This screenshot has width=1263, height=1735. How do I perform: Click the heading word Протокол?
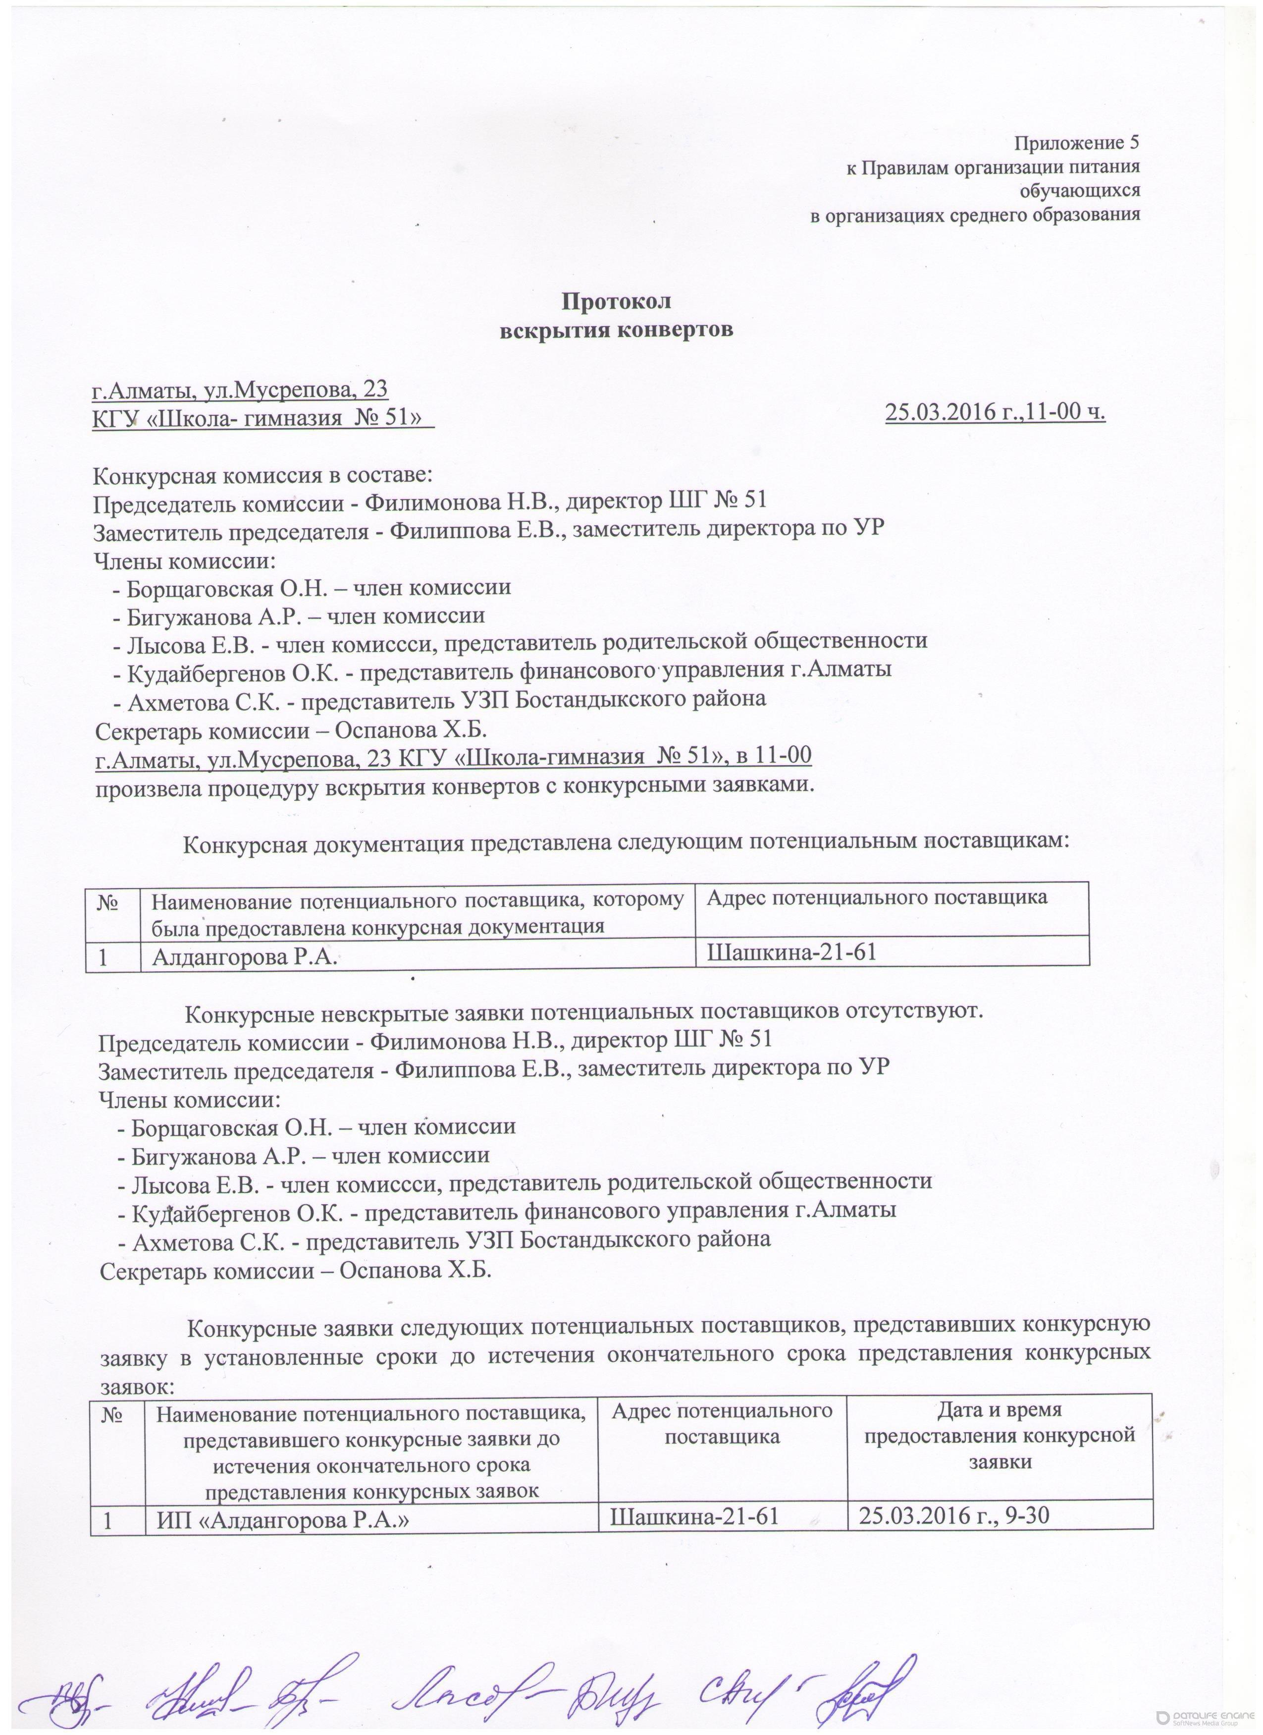coord(616,301)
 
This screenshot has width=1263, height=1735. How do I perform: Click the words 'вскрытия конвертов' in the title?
coord(616,331)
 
